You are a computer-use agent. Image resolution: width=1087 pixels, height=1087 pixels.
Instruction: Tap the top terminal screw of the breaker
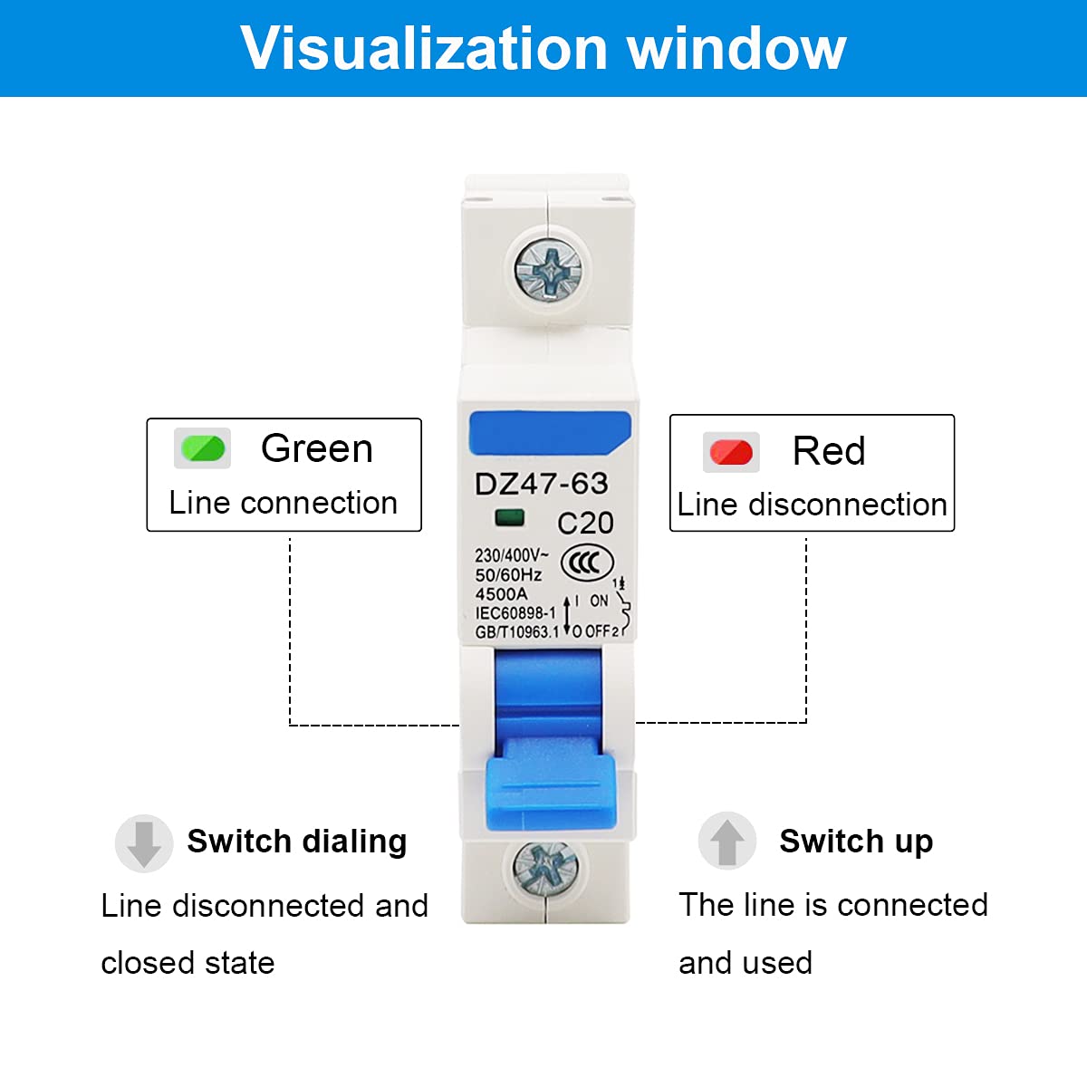tap(548, 269)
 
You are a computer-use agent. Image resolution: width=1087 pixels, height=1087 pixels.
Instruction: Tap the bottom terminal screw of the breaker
tap(545, 869)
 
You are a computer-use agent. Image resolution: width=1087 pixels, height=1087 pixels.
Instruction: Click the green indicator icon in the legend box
tap(203, 448)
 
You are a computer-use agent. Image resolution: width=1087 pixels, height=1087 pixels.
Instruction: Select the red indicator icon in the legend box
tap(731, 452)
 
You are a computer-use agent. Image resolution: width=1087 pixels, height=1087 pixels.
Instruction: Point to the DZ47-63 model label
tap(542, 484)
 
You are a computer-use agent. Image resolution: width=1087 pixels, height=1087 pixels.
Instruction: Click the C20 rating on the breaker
tap(585, 523)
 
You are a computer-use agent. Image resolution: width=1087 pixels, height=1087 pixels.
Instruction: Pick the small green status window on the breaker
tap(509, 517)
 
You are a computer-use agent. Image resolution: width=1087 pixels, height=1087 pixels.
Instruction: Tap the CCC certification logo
tap(587, 563)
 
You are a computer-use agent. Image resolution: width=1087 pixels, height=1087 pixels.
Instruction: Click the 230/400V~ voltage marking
tap(512, 555)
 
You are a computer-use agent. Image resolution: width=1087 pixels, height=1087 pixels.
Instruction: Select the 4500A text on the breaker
tap(502, 594)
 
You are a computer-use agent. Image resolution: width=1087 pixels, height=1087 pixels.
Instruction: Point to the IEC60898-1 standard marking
tap(515, 613)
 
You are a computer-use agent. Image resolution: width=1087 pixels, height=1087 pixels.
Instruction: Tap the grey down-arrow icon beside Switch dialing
tap(144, 843)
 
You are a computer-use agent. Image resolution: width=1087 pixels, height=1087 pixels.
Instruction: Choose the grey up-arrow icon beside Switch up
tap(727, 841)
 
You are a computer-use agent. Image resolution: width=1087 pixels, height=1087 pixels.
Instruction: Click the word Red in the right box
tap(829, 451)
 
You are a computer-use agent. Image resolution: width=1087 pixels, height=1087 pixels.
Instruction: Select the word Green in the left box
tap(317, 448)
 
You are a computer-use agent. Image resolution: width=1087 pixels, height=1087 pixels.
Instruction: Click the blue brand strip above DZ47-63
tap(550, 433)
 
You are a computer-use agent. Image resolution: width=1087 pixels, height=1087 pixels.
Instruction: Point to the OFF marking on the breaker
tap(598, 631)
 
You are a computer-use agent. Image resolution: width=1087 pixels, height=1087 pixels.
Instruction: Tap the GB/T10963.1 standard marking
tap(516, 632)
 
